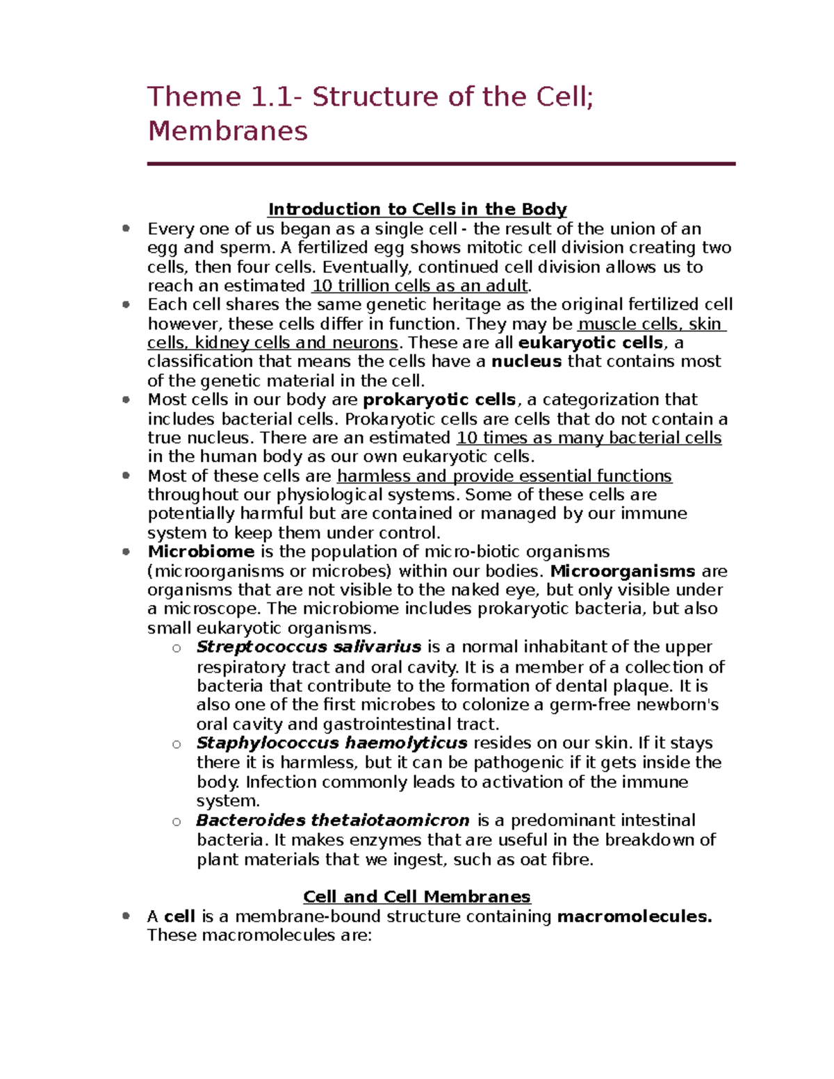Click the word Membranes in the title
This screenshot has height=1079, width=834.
(227, 131)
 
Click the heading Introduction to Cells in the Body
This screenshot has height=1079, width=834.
(417, 209)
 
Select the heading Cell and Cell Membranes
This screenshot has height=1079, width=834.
(417, 896)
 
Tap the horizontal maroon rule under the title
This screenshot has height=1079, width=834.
(441, 164)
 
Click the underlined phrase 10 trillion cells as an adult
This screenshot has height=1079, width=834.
(420, 286)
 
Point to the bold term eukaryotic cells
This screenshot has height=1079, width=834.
(591, 343)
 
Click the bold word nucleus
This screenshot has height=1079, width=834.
(526, 361)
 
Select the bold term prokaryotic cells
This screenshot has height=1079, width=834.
(439, 400)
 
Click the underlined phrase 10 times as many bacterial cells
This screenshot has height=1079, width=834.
(589, 438)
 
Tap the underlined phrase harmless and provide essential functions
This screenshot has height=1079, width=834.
(504, 476)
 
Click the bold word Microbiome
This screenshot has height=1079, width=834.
(201, 552)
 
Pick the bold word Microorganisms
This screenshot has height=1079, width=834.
(623, 571)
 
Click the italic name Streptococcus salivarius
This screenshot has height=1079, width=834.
(309, 647)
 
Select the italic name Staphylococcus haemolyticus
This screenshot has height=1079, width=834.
(332, 743)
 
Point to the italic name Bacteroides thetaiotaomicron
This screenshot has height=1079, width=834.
(332, 820)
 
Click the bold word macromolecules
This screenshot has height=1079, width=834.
(634, 916)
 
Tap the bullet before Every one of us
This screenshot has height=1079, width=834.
(126, 229)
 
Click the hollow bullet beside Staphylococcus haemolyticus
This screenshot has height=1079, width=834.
(177, 744)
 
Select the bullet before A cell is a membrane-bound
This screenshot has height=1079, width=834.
(126, 916)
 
